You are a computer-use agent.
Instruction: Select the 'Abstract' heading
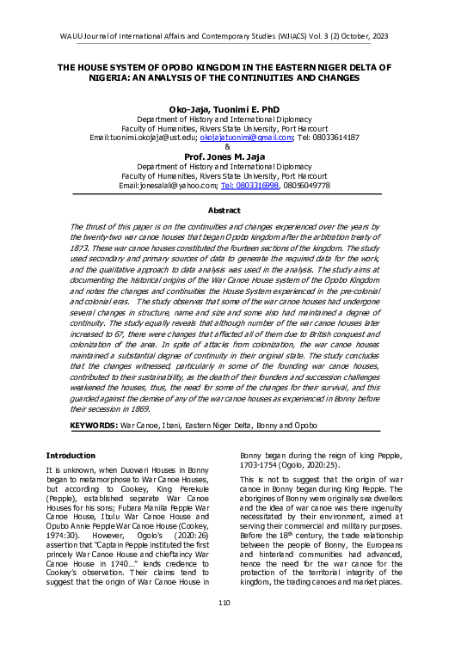(224, 210)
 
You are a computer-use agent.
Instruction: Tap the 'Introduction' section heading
(71, 455)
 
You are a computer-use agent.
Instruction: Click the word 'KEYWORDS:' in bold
(94, 426)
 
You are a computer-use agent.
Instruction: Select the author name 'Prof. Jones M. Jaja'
(224, 156)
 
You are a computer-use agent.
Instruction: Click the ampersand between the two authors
(224, 147)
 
